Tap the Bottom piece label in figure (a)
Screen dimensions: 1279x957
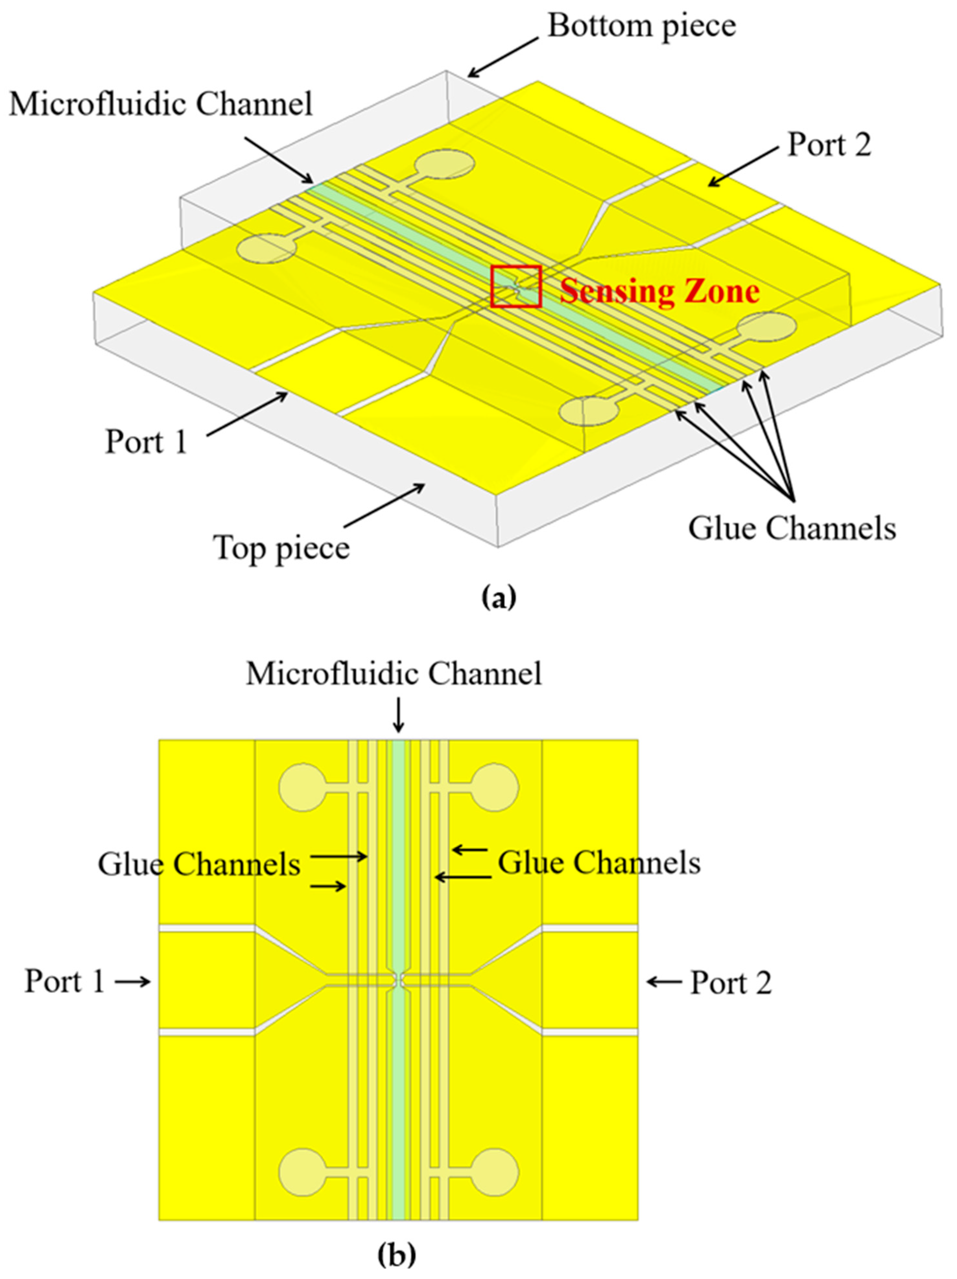642,26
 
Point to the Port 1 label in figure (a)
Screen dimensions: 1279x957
146,442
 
